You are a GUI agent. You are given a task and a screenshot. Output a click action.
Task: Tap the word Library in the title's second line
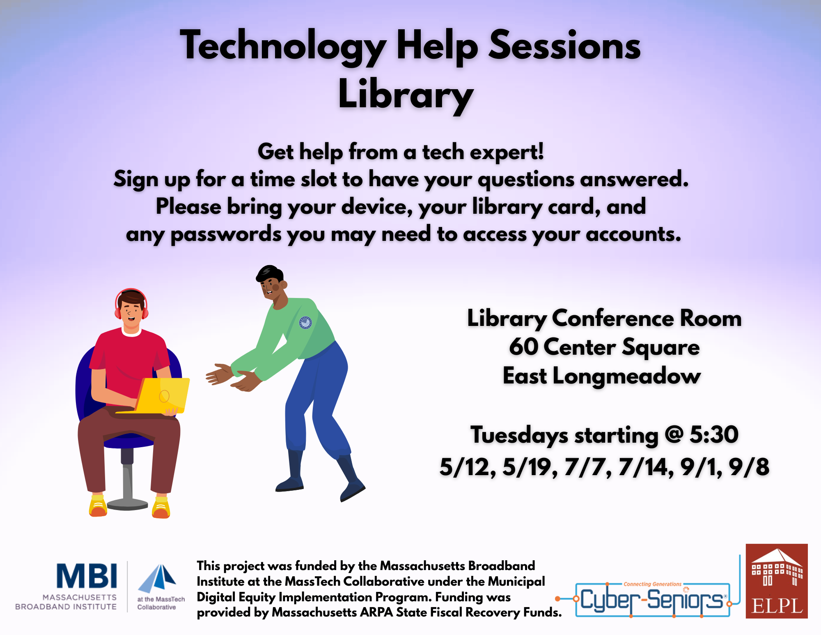tap(406, 95)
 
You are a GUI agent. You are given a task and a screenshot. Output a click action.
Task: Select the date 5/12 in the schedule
tap(467, 467)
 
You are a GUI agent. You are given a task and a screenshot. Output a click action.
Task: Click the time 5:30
tap(714, 434)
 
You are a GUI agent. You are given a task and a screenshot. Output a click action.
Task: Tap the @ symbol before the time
tap(674, 435)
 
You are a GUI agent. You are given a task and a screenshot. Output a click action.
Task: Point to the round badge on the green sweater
tap(305, 323)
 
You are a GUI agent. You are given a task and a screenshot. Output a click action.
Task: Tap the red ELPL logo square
tap(777, 581)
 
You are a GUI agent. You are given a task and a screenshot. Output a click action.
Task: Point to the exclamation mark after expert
tap(540, 151)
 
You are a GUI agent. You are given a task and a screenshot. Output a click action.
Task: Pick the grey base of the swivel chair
tap(127, 504)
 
